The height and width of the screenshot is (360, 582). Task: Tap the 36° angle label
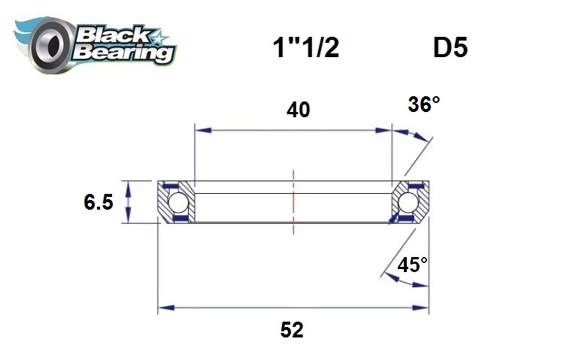423,104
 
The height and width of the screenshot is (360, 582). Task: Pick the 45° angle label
413,265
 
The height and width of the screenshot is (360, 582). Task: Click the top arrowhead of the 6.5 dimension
129,186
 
